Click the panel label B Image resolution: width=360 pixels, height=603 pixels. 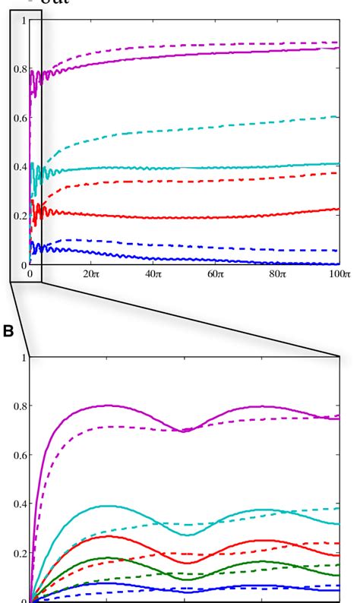point(8,331)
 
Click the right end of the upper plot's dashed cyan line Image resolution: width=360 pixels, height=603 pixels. point(337,116)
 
